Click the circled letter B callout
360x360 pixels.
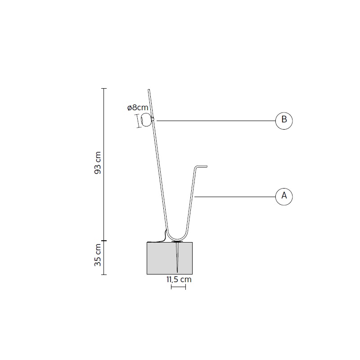pos(284,121)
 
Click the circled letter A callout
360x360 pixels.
pos(284,197)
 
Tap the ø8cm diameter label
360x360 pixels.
pos(138,108)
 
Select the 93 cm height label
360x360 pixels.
pos(98,163)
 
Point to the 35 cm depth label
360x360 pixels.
pos(98,255)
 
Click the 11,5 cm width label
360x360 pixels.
pos(179,279)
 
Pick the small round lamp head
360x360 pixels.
pos(147,120)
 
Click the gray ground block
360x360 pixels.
pos(170,258)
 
